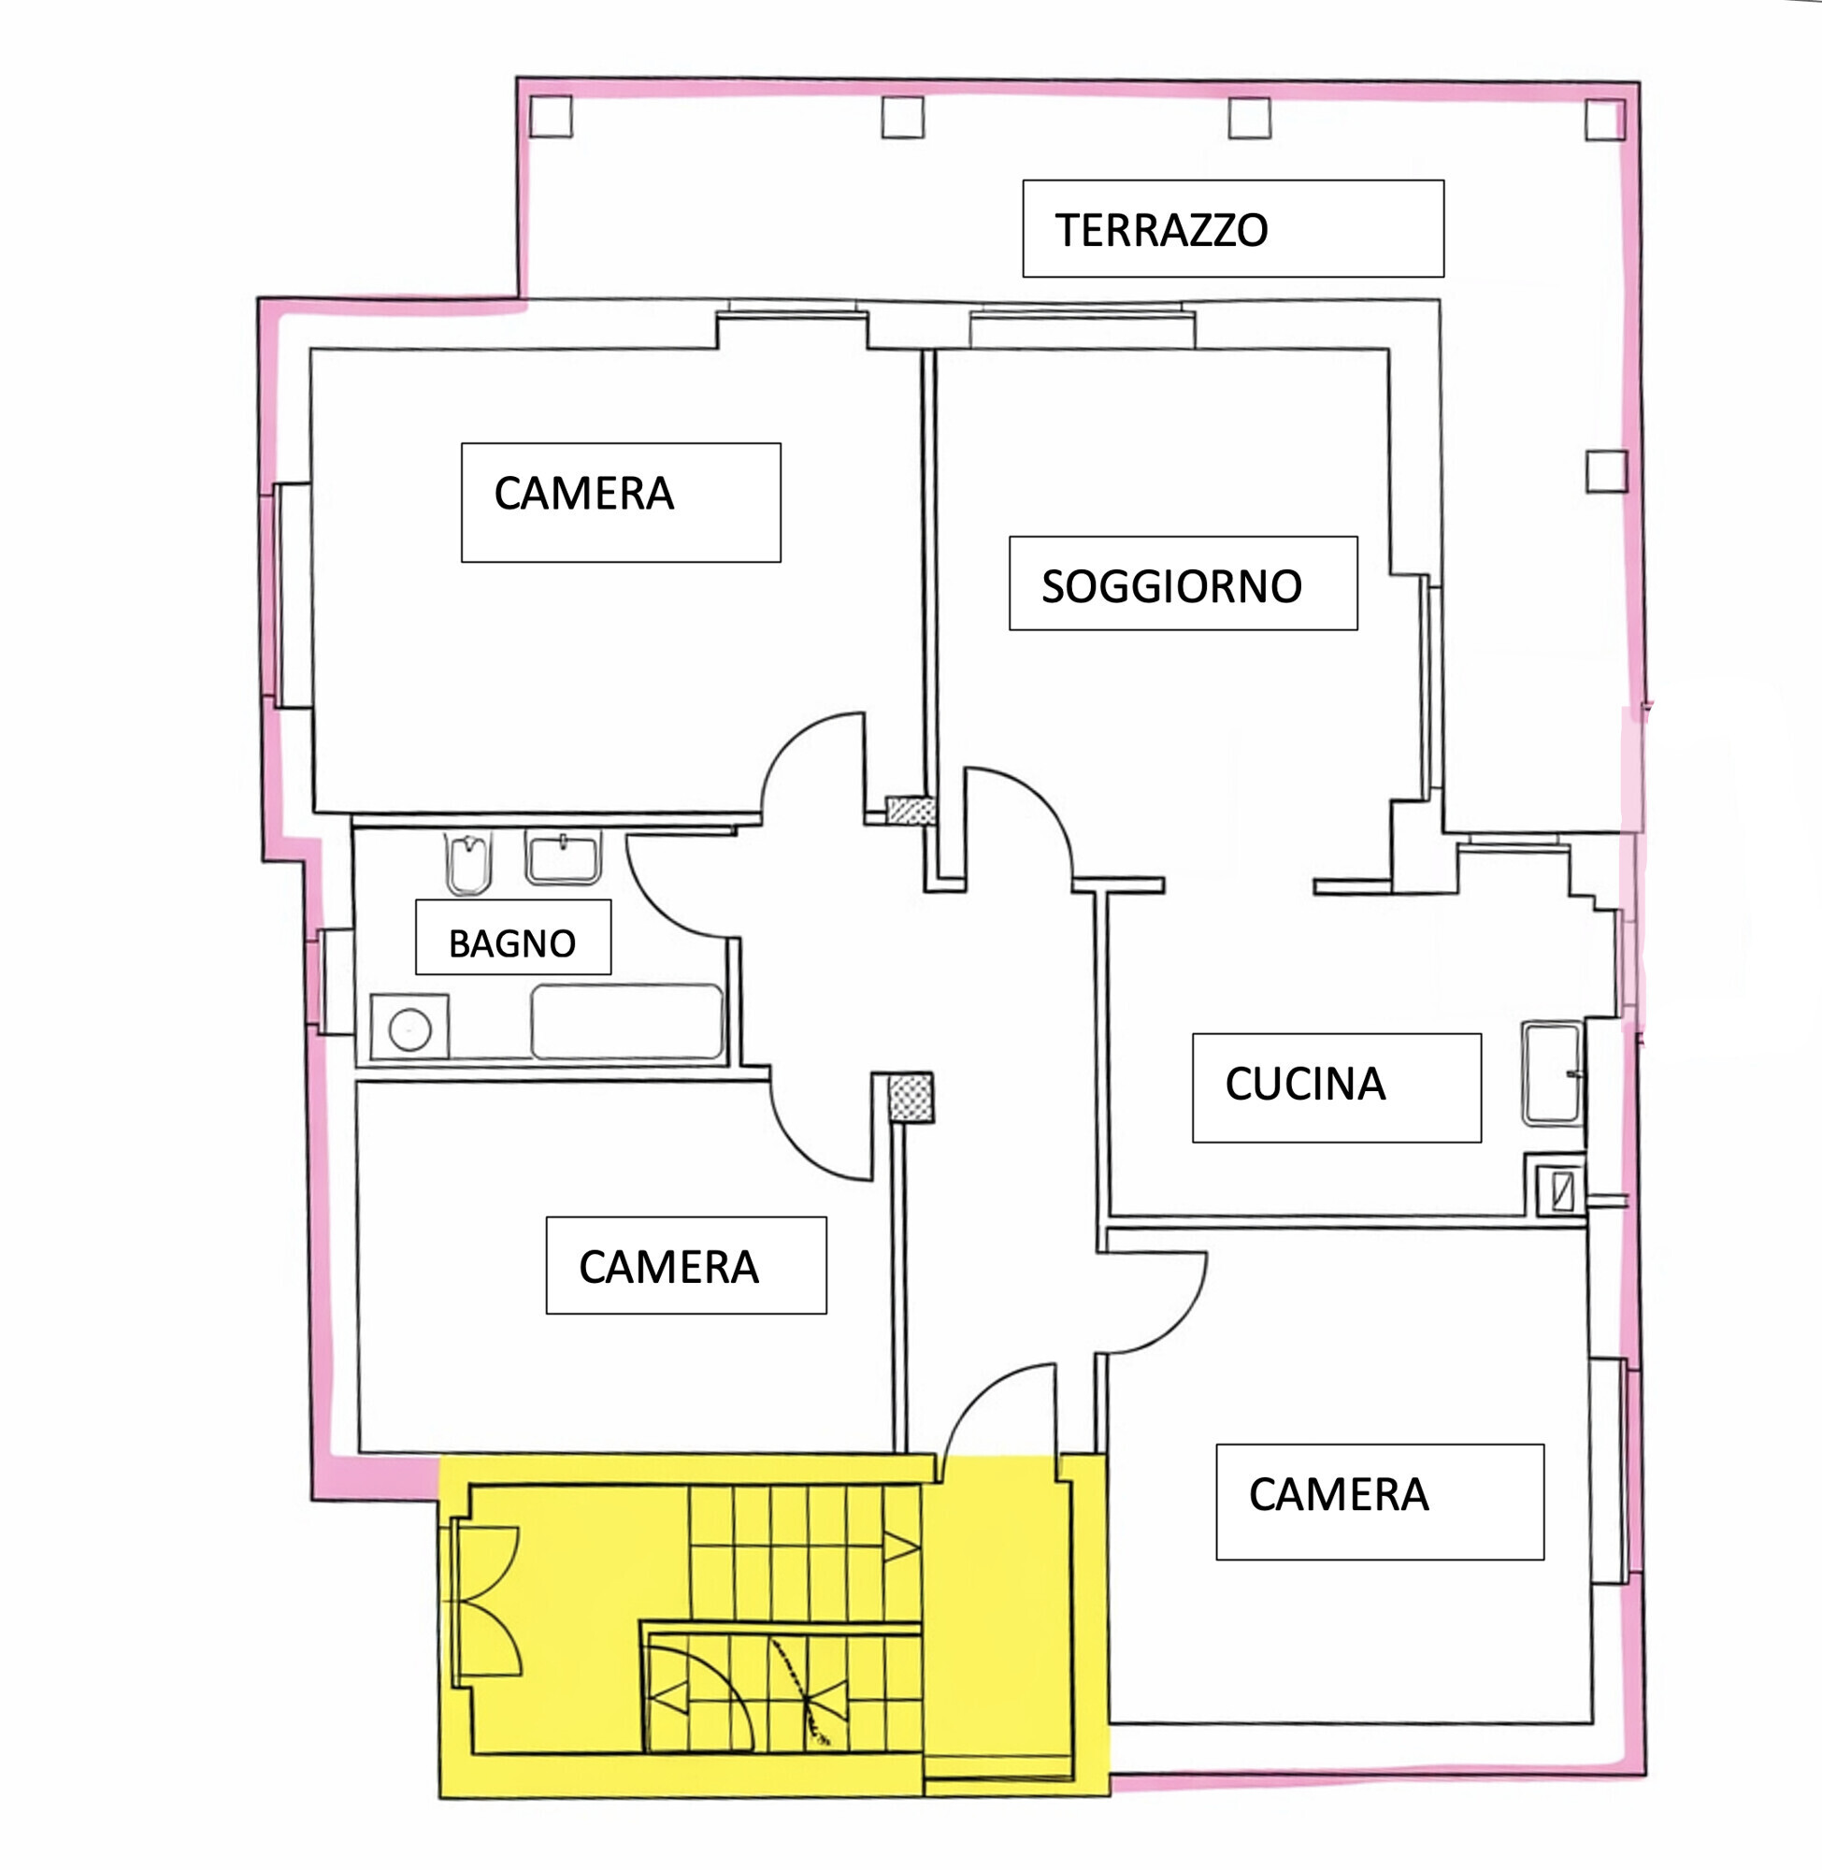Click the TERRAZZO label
(1161, 231)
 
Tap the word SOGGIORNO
(1171, 586)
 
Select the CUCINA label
(1305, 1085)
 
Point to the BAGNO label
(512, 943)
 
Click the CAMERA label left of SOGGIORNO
(583, 494)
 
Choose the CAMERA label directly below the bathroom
(667, 1267)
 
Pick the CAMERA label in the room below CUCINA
(1338, 1495)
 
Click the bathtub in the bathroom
(626, 1021)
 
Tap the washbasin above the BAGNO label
(564, 856)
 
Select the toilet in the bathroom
(469, 863)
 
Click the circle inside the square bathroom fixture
(410, 1029)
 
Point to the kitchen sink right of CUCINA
(1553, 1072)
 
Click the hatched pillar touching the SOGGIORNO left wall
(910, 811)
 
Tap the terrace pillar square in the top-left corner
(552, 117)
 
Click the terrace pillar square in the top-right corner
(1606, 121)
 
